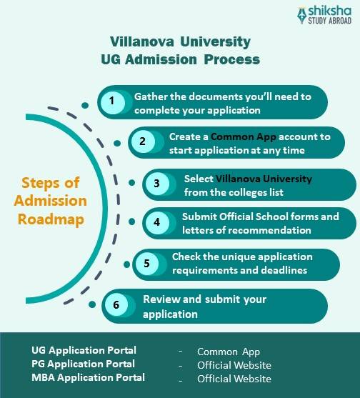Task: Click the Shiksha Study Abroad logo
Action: tap(324, 15)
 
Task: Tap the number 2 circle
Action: tap(143, 141)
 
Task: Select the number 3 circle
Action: tap(157, 184)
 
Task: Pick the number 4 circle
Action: tap(157, 223)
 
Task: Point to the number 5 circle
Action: tap(147, 264)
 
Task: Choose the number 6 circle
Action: tap(116, 305)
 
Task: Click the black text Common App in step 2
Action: tap(244, 136)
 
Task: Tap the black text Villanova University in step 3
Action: tap(264, 179)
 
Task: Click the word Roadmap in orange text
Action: tap(51, 219)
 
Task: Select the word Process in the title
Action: tap(232, 59)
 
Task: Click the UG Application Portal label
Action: tap(84, 350)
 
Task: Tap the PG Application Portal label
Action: tap(83, 364)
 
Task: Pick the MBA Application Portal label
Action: tap(88, 377)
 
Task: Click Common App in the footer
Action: tap(229, 352)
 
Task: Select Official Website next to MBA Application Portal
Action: tap(234, 379)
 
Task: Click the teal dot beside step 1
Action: tap(85, 105)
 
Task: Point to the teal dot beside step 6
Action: tap(92, 304)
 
